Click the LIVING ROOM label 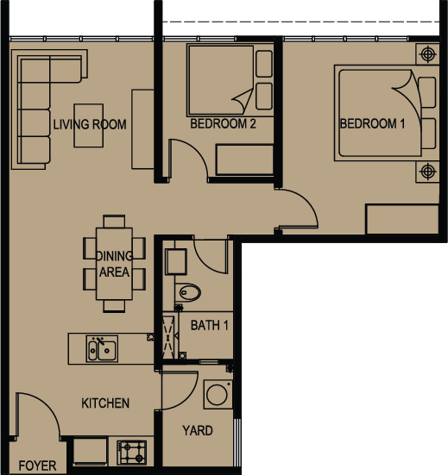(x=90, y=124)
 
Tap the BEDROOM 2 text (x=223, y=123)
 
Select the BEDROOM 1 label (x=372, y=123)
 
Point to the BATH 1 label (x=209, y=325)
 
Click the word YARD (x=198, y=430)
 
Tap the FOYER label (x=37, y=466)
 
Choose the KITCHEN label (x=105, y=403)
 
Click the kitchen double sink (x=102, y=348)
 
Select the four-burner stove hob (x=132, y=453)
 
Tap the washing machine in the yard (x=218, y=395)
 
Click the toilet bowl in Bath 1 (x=188, y=292)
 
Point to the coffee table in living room (x=89, y=125)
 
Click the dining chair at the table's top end (x=114, y=222)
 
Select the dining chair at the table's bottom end (x=114, y=306)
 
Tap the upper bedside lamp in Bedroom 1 (x=427, y=54)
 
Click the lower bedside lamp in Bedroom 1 (x=427, y=172)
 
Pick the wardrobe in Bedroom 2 (x=244, y=160)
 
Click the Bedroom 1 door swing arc (x=307, y=201)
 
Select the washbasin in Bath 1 (x=175, y=261)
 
